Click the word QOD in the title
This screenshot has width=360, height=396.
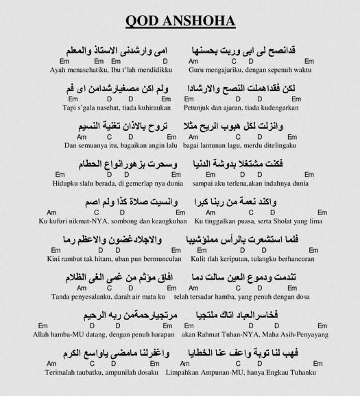(x=141, y=22)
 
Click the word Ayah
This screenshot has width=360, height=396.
(x=59, y=69)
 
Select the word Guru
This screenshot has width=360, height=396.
(x=200, y=69)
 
